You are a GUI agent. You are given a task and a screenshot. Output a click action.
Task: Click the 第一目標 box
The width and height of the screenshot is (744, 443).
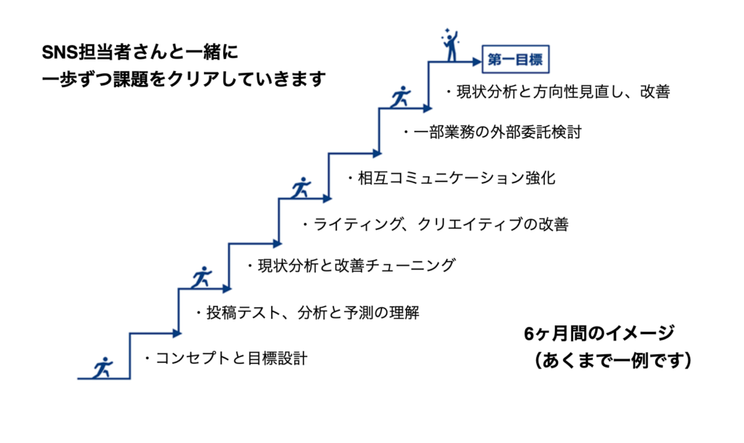click(515, 60)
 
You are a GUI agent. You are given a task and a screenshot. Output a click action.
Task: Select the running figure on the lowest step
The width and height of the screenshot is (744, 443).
click(102, 367)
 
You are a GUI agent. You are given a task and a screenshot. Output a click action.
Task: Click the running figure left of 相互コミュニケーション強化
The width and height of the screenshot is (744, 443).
click(301, 188)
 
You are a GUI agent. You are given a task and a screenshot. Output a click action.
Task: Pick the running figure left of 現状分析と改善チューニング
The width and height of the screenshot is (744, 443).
click(202, 277)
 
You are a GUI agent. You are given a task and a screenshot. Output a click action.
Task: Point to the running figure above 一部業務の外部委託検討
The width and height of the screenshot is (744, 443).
click(401, 97)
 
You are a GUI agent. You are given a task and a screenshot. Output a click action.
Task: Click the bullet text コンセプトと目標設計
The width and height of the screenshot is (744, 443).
click(231, 359)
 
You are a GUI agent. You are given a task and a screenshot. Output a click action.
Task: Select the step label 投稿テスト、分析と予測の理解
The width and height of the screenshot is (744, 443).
click(312, 313)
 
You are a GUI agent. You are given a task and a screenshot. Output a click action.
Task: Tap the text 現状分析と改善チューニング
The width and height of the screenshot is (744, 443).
click(356, 266)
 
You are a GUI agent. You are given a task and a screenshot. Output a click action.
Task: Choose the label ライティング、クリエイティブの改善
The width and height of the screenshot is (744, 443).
click(441, 224)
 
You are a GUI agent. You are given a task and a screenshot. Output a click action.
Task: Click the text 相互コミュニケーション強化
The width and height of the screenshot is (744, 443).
click(456, 179)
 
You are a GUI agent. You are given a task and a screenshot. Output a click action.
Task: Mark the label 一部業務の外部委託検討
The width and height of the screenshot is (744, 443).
click(497, 132)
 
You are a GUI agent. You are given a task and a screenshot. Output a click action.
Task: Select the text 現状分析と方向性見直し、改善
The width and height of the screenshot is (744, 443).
click(563, 92)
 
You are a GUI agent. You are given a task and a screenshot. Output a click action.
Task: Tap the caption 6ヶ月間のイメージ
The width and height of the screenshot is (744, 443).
click(599, 333)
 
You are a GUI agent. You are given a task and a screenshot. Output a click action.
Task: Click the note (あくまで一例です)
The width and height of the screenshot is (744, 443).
click(612, 360)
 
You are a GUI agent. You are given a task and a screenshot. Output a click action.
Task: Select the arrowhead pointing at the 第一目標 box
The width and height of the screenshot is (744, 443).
click(477, 61)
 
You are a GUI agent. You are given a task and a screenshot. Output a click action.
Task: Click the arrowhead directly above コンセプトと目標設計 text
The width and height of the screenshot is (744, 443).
click(177, 333)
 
